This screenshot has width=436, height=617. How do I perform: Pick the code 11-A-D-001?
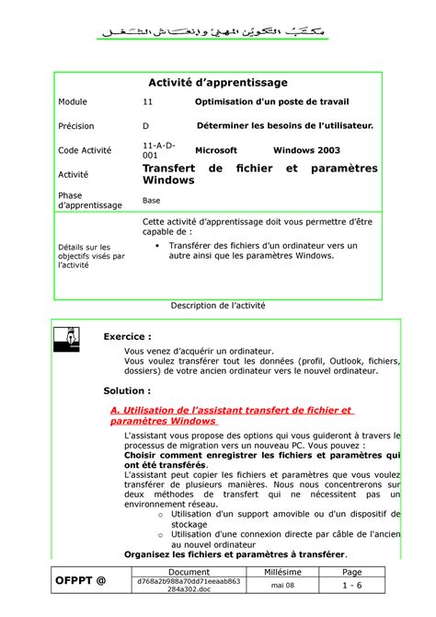[155, 151]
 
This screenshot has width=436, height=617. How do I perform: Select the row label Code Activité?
[84, 150]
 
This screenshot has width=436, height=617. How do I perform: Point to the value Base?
[152, 200]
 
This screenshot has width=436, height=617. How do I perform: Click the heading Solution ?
[126, 390]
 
